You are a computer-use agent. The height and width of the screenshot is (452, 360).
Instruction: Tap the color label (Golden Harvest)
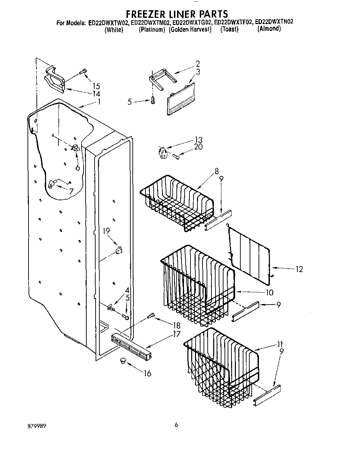[x=190, y=30]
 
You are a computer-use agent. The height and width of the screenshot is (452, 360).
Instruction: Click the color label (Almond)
[x=269, y=29]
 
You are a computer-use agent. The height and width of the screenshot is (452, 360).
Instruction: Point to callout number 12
[x=299, y=269]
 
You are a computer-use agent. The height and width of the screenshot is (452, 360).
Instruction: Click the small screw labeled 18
[x=150, y=316]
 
